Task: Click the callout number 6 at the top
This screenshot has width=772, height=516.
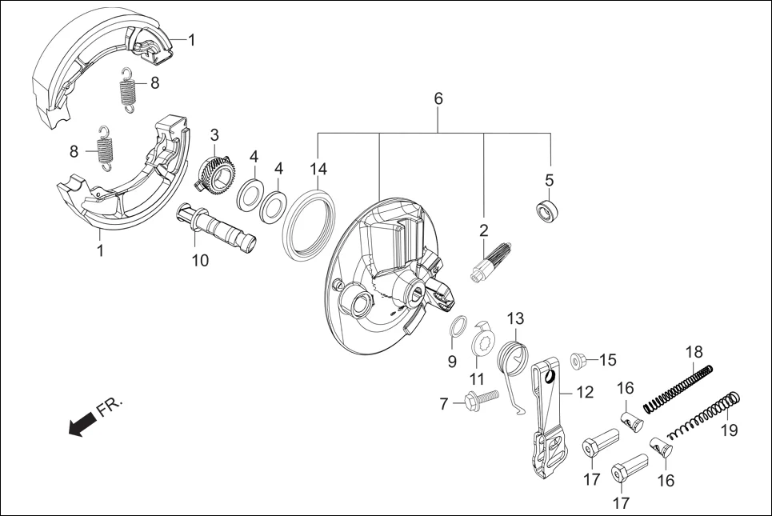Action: (x=438, y=99)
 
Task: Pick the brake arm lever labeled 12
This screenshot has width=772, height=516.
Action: (x=548, y=424)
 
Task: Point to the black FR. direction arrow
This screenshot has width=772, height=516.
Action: (x=81, y=427)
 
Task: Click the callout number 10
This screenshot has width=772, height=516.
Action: (x=199, y=260)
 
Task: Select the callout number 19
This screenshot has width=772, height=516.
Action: (x=728, y=430)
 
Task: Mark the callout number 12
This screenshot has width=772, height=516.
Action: (x=584, y=393)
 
